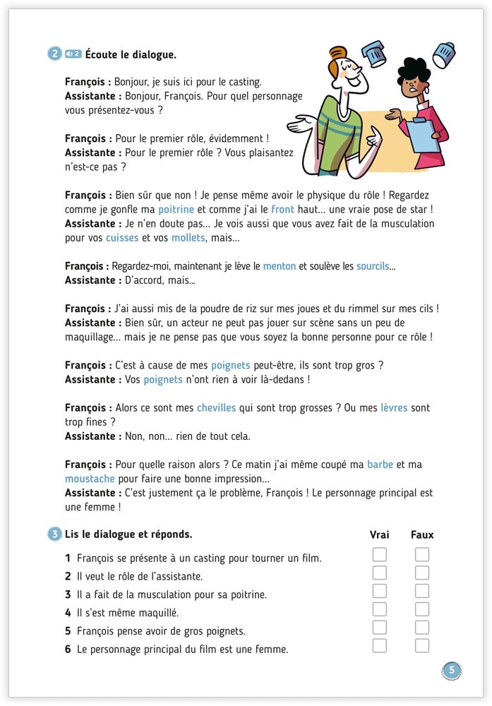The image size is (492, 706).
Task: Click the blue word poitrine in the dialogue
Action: point(176,210)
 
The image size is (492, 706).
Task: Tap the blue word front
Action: point(282,210)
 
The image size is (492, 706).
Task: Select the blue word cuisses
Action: point(122,238)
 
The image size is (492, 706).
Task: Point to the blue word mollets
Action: point(188,238)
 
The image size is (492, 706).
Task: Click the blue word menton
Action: point(280,266)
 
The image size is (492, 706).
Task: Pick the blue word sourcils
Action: point(372,266)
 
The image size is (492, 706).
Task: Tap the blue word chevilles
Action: point(216,407)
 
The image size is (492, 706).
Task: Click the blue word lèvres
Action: point(394,407)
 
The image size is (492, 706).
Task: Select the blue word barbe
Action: point(380,464)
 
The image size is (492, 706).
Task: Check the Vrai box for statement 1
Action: point(380,555)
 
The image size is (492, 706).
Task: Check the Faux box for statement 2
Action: point(422,573)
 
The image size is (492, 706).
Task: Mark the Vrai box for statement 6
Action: point(380,645)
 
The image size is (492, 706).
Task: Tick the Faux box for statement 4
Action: point(422,609)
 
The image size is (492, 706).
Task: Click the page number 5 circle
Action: point(452,671)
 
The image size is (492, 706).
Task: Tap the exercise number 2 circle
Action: point(55,54)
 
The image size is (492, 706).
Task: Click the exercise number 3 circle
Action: point(55,534)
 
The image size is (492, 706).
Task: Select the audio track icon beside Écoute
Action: point(73,54)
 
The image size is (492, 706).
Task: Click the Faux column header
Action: point(422,534)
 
